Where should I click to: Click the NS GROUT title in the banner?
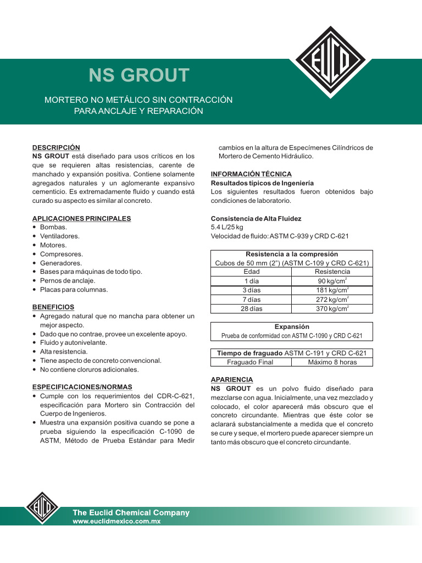pos(139,75)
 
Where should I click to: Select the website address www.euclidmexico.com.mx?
pos(116,522)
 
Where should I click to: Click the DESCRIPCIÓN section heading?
pos(56,147)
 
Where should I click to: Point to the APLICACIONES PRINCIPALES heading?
pos(81,218)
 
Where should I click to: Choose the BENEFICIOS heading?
pos(53,307)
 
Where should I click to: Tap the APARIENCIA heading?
pos(232,379)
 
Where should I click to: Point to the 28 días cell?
pos(251,309)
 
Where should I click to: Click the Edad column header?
pos(251,272)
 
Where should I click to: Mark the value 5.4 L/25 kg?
pos(227,227)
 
